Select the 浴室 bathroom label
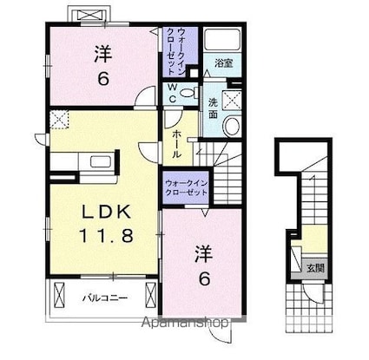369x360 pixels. (x=223, y=62)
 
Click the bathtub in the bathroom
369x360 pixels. (x=223, y=40)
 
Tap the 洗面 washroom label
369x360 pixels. (x=214, y=108)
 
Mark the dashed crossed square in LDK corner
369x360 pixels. (x=58, y=119)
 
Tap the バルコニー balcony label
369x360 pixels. (x=102, y=296)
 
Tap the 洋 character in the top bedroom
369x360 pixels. (x=102, y=53)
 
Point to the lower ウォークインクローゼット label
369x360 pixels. (x=187, y=186)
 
